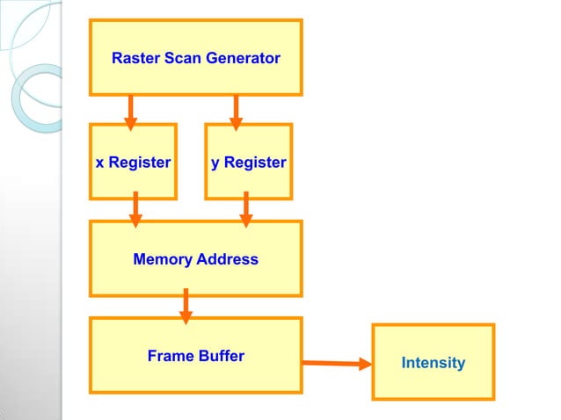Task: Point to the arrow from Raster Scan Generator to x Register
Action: pyautogui.click(x=130, y=109)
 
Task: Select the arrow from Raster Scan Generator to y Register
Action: pyautogui.click(x=236, y=109)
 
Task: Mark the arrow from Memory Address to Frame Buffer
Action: pyautogui.click(x=186, y=306)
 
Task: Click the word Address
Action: pyautogui.click(x=227, y=259)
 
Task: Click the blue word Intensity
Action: pyautogui.click(x=433, y=363)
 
